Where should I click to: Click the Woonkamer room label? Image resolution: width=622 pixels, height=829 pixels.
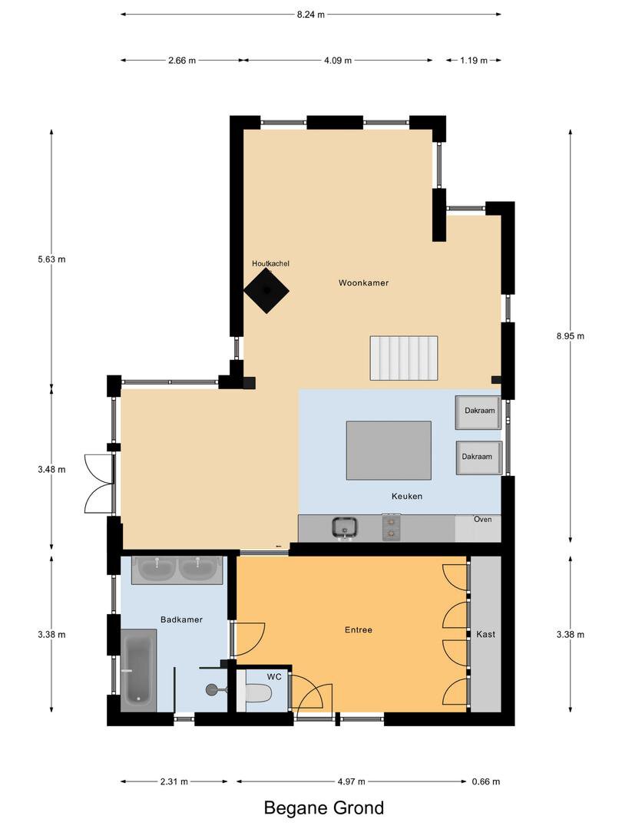click(363, 282)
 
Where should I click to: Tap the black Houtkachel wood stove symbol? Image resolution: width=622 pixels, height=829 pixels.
click(266, 290)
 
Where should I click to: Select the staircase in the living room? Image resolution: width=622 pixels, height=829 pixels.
click(404, 358)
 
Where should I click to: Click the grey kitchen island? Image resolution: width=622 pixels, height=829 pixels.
click(389, 451)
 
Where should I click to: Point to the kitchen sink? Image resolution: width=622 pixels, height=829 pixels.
click(345, 527)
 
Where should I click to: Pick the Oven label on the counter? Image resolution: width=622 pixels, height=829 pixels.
click(482, 519)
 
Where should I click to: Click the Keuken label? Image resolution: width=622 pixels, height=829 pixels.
click(407, 496)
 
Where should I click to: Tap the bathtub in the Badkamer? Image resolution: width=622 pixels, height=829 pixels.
click(138, 670)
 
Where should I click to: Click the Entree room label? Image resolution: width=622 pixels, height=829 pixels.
click(359, 629)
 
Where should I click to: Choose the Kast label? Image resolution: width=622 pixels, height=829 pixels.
click(485, 634)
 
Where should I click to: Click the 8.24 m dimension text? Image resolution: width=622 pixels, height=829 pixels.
click(310, 15)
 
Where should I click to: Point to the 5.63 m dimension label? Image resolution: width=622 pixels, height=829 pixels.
click(52, 259)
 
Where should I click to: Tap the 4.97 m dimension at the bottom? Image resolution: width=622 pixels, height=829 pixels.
click(351, 781)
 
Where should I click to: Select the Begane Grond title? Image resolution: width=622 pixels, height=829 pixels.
click(324, 808)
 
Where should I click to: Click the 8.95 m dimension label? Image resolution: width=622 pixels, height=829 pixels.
click(570, 335)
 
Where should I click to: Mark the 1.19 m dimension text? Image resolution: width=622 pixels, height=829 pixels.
click(473, 61)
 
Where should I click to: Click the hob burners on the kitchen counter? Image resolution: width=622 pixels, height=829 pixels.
click(392, 527)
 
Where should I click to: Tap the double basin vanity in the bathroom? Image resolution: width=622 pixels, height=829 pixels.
click(177, 570)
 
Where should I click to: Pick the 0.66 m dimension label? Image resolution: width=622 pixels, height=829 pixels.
click(485, 781)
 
